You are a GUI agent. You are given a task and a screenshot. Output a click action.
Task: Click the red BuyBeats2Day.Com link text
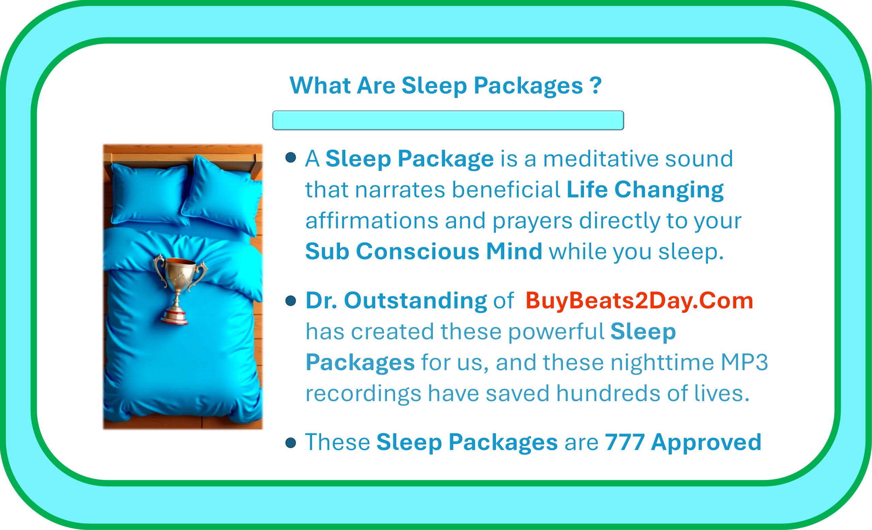tap(639, 301)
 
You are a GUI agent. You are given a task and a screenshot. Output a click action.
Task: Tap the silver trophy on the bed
tap(180, 288)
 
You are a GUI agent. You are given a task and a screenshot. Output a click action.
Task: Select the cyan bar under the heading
tap(448, 120)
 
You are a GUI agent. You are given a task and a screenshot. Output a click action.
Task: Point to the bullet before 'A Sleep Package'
tap(291, 157)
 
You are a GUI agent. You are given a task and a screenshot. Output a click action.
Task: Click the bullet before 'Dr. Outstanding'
tap(291, 301)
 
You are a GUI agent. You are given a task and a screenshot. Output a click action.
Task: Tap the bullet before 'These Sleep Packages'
tap(291, 443)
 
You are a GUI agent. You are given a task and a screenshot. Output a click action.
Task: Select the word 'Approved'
tap(706, 443)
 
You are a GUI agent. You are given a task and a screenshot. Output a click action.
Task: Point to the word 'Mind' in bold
tap(514, 252)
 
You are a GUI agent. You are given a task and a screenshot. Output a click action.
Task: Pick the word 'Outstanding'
tap(416, 301)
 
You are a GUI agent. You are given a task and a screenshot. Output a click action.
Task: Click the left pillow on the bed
tap(150, 194)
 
